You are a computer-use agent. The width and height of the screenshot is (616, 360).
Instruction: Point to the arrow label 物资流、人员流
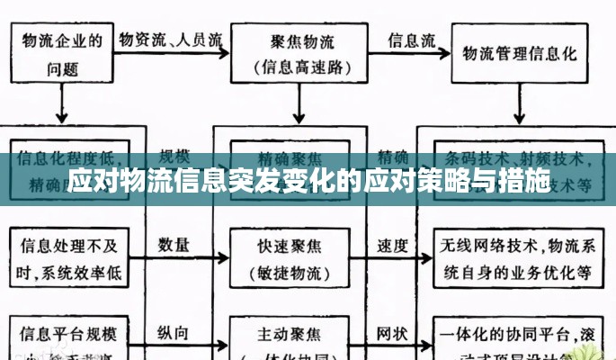coord(171,40)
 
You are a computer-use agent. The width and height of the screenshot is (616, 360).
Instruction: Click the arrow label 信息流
coord(411,40)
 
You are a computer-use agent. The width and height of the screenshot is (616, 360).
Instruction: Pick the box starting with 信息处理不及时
coord(67,256)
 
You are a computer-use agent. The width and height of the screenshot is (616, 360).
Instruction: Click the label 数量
coord(174,244)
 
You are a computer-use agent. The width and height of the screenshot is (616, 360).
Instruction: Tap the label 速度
coord(392,244)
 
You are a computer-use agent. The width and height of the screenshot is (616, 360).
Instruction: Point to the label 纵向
coord(174,332)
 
